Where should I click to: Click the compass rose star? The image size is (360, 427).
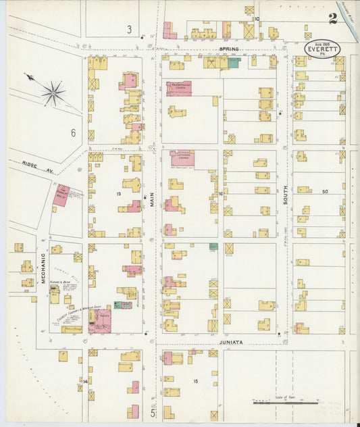(53, 93)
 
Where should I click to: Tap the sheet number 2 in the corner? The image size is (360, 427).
(332, 19)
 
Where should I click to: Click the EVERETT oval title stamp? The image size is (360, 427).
(321, 49)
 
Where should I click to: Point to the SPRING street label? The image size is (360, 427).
(230, 49)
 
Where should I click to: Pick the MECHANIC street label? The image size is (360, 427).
(43, 267)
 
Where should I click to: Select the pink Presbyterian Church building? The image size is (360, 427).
(179, 89)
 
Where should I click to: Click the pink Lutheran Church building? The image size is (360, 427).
(182, 158)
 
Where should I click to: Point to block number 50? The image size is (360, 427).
(325, 192)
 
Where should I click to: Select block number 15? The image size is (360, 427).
(196, 382)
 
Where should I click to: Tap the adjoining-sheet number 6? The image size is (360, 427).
(73, 132)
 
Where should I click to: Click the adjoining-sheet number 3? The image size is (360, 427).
(128, 29)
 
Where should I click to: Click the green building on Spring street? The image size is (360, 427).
(234, 62)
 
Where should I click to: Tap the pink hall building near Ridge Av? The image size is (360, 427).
(61, 195)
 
